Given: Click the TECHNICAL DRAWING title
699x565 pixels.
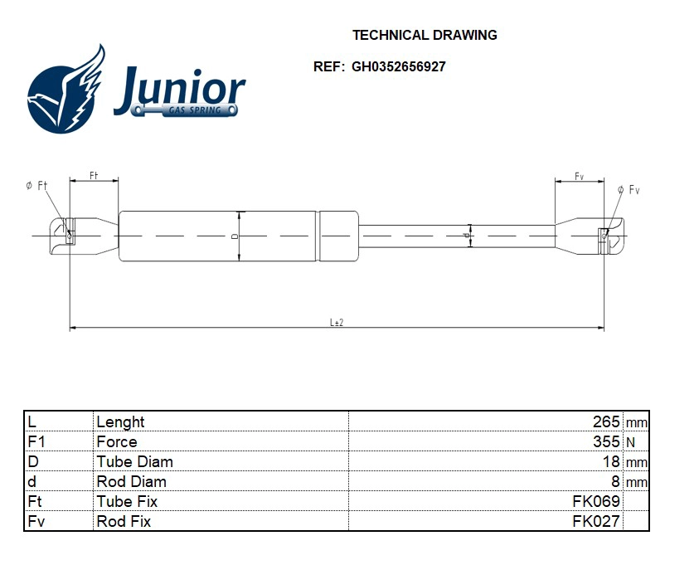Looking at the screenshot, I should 425,35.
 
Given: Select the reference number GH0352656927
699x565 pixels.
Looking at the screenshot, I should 398,66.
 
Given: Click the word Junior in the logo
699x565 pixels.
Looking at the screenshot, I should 180,87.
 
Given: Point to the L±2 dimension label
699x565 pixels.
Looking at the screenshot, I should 337,322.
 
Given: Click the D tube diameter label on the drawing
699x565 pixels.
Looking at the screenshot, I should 235,236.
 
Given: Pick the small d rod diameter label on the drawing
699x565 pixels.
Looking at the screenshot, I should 466,236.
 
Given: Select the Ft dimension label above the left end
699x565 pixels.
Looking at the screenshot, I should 94,175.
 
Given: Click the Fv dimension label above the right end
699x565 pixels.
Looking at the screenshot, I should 579,176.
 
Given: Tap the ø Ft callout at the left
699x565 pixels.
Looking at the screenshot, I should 36,186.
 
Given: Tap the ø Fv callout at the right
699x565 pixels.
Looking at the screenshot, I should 629,190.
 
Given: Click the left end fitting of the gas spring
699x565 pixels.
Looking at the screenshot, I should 83,236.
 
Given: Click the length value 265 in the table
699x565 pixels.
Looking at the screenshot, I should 606,421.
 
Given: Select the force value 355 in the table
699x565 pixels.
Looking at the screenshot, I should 606,441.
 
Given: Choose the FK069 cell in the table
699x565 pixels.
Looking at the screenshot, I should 595,501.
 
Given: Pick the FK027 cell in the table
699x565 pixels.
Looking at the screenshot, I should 595,521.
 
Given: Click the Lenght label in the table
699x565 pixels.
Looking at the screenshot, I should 120,421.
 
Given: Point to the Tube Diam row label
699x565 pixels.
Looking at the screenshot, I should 134,461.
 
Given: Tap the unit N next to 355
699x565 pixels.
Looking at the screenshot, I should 630,442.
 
